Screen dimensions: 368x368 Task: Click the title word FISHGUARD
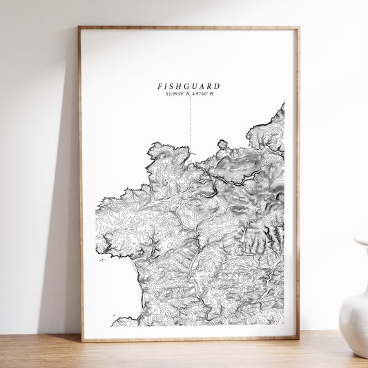click(188, 86)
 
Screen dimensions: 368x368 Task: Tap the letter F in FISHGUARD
click(159, 86)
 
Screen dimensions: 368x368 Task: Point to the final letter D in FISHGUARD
click(217, 86)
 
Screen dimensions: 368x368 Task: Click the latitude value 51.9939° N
click(177, 93)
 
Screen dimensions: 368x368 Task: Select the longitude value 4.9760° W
click(202, 93)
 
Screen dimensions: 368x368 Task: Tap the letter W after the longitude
click(211, 93)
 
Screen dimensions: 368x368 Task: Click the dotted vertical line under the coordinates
click(191, 121)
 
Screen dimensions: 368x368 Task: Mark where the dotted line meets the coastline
click(191, 147)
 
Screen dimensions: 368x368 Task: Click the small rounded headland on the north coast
click(222, 144)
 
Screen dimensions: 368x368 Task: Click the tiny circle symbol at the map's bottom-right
click(282, 320)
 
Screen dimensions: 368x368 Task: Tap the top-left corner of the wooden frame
click(79, 28)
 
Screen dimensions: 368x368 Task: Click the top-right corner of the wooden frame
click(298, 28)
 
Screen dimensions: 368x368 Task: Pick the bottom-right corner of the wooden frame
click(298, 338)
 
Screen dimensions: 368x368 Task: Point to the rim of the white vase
click(361, 242)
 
